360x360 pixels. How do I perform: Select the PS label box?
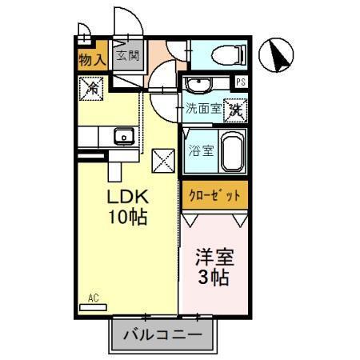240,82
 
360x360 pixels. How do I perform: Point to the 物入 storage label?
92,58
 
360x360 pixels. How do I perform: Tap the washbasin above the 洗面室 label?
199,83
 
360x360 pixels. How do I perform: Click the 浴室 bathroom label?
201,150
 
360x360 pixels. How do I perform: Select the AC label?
93,298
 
